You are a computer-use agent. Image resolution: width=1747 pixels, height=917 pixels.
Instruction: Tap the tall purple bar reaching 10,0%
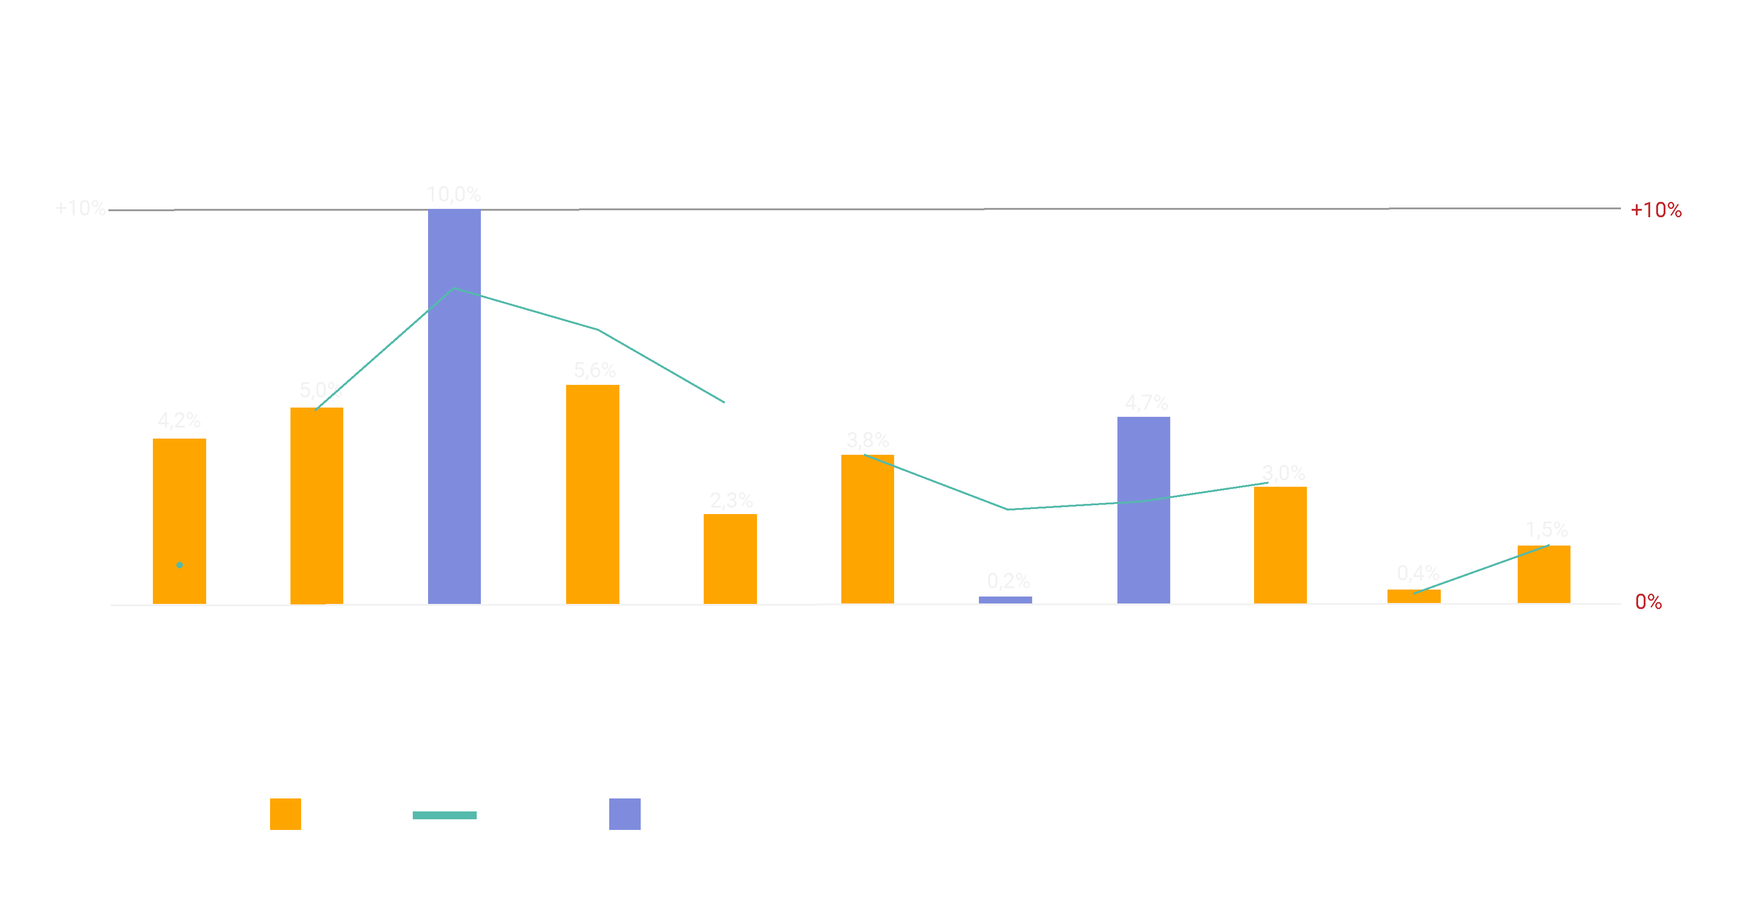click(454, 407)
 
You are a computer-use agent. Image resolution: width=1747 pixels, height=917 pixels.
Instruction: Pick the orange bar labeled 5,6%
click(593, 494)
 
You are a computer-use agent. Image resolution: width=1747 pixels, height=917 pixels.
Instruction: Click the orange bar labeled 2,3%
click(730, 559)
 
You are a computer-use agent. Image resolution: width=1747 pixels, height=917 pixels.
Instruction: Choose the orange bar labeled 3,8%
click(867, 528)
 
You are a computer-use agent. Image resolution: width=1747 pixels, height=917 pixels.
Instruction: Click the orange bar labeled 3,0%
click(1280, 545)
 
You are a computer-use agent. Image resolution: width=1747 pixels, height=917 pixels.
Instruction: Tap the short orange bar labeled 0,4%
click(1414, 597)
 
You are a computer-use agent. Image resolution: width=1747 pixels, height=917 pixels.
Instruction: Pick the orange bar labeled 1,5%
click(1544, 574)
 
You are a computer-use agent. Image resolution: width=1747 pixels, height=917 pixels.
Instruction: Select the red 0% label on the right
click(1648, 602)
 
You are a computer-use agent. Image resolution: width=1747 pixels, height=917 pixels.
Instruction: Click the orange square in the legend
click(285, 814)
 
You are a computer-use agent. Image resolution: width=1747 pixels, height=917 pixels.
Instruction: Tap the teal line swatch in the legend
click(444, 815)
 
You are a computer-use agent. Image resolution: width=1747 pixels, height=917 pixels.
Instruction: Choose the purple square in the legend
click(624, 814)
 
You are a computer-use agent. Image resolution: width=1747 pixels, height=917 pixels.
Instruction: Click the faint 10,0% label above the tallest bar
click(454, 195)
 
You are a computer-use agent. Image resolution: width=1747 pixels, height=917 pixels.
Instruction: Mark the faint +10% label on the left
click(80, 208)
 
